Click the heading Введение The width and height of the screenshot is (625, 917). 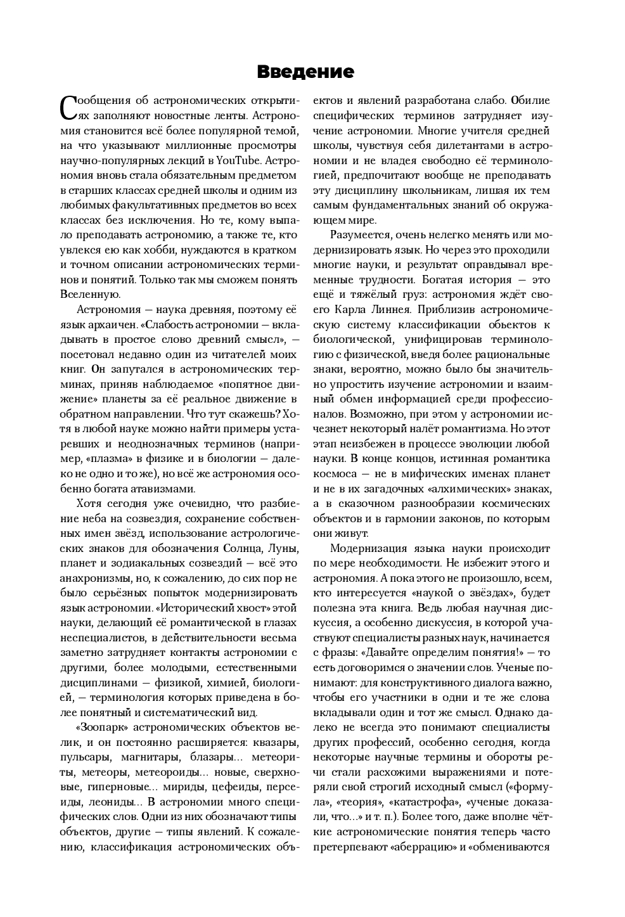tap(305, 72)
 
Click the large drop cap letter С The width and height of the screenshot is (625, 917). tap(68, 108)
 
